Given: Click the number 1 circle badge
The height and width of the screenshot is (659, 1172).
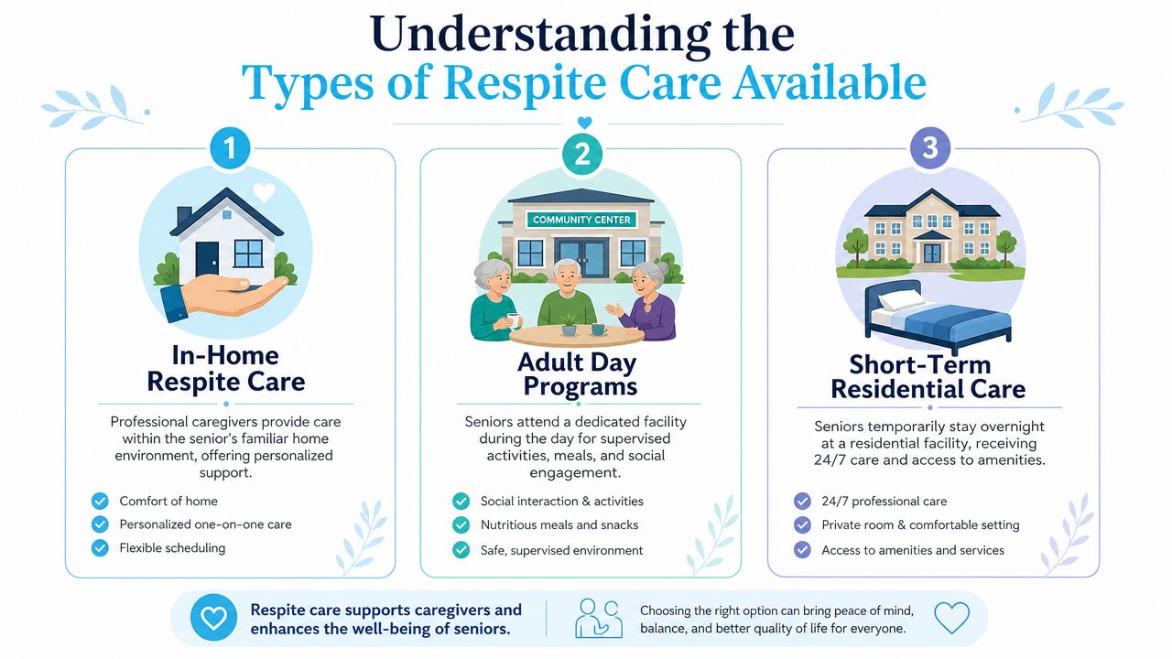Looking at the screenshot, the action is [x=230, y=148].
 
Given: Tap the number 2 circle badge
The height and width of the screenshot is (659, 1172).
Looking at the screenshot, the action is [x=581, y=155].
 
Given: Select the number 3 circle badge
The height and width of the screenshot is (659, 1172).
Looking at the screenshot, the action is [x=929, y=147].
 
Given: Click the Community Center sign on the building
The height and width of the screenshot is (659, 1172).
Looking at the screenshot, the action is [x=581, y=220].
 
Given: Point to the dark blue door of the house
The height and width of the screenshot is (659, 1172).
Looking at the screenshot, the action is [x=207, y=258].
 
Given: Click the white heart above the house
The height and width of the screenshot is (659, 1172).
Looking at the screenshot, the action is [x=265, y=192].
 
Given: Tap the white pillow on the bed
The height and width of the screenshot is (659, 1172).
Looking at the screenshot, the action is [x=901, y=299].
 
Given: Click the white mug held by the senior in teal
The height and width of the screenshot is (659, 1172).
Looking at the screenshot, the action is [x=514, y=320].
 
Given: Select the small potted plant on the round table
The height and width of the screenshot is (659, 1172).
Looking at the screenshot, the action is [x=569, y=325].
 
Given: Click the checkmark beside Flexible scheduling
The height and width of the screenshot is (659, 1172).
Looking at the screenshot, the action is [x=100, y=548].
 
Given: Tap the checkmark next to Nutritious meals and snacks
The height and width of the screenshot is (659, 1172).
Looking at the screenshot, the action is [x=461, y=524].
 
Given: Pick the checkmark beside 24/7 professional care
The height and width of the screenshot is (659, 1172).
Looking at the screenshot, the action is [x=802, y=501].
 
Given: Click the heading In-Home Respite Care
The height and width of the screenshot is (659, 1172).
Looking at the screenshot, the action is [x=225, y=369].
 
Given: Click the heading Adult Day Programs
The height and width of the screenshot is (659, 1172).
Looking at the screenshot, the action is [x=579, y=374].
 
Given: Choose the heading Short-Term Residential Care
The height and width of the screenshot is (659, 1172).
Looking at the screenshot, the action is [x=928, y=377].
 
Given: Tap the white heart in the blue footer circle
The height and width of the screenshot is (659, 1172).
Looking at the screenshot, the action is [x=214, y=618].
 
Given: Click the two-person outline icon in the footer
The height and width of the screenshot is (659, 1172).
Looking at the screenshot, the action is [x=599, y=618].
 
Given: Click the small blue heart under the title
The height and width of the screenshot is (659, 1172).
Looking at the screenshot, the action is [x=584, y=123].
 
